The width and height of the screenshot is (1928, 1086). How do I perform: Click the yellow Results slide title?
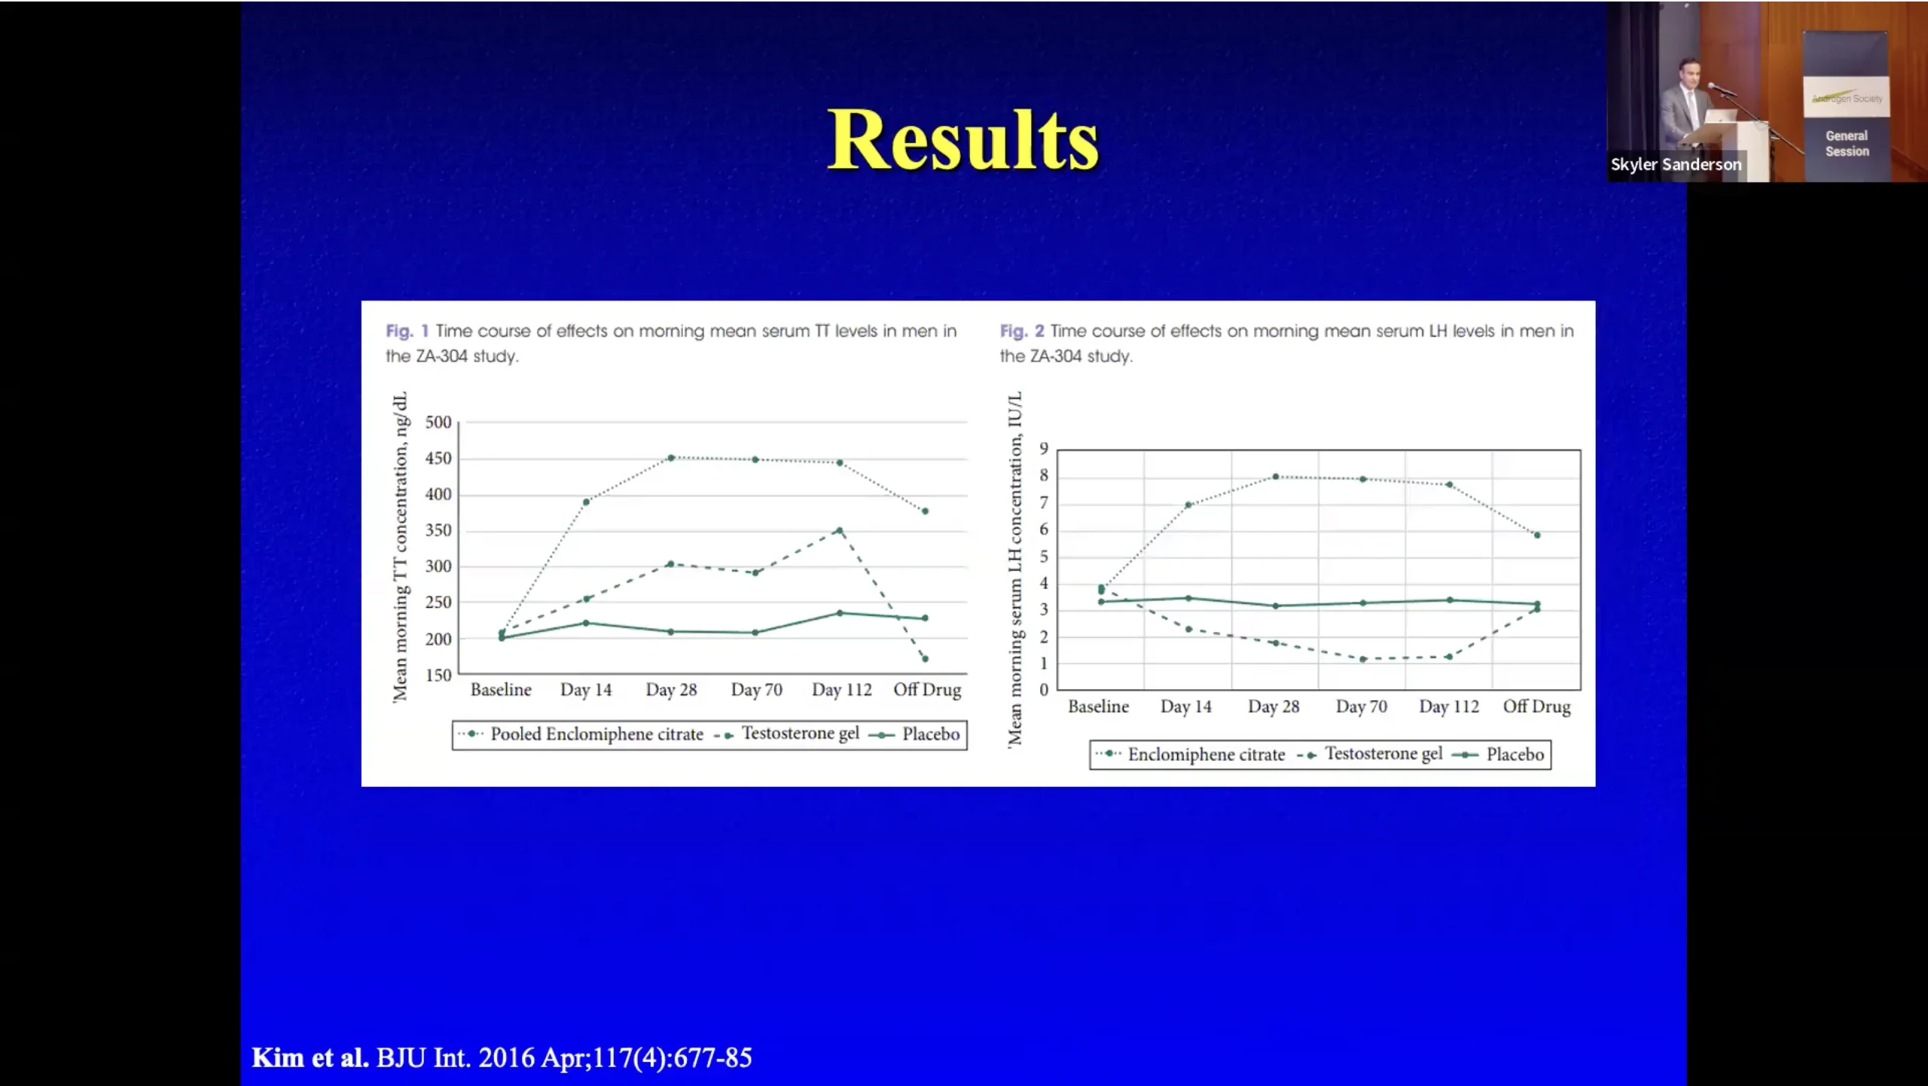point(962,140)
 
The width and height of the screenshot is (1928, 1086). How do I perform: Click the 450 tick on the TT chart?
point(438,459)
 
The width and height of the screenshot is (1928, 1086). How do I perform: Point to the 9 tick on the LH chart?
point(1044,450)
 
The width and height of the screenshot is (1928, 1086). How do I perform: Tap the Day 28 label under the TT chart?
point(671,690)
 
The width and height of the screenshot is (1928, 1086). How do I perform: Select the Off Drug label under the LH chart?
point(1536,707)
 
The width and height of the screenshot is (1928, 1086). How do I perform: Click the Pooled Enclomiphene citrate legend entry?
point(596,734)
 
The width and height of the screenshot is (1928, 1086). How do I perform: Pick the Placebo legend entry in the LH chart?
point(1514,755)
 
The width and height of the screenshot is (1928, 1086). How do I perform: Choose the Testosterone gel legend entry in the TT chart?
point(800,734)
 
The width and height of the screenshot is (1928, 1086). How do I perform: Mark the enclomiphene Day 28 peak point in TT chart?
point(671,458)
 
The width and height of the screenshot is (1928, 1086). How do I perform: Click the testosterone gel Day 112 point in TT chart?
point(840,531)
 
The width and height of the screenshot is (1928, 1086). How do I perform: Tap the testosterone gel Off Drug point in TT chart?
point(926,659)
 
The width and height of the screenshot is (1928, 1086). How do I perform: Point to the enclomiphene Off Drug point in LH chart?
point(1537,535)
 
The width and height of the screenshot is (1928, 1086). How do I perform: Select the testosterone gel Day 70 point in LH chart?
point(1362,660)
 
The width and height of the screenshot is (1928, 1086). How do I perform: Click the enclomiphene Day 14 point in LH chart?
point(1188,505)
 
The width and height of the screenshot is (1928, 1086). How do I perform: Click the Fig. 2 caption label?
point(1021,331)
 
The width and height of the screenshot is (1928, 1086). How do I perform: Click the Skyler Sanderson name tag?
point(1676,165)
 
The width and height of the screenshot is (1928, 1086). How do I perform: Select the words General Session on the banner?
point(1847,144)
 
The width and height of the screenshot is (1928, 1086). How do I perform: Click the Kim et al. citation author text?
point(310,1058)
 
